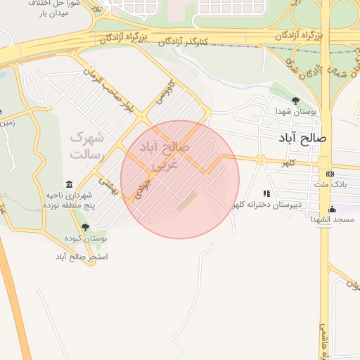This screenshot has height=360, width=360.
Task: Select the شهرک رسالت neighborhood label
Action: [86, 145]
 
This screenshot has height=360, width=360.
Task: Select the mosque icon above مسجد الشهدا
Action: [332, 209]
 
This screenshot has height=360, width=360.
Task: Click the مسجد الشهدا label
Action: [331, 220]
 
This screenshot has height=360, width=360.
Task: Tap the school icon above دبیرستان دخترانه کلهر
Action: [266, 193]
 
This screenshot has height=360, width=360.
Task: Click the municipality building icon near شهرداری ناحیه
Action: [69, 184]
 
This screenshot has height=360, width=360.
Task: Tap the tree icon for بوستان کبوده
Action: [85, 228]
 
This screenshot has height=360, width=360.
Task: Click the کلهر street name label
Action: [286, 163]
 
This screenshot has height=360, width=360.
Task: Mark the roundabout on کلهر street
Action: [259, 160]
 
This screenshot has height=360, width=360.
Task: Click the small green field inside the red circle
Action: [187, 202]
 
